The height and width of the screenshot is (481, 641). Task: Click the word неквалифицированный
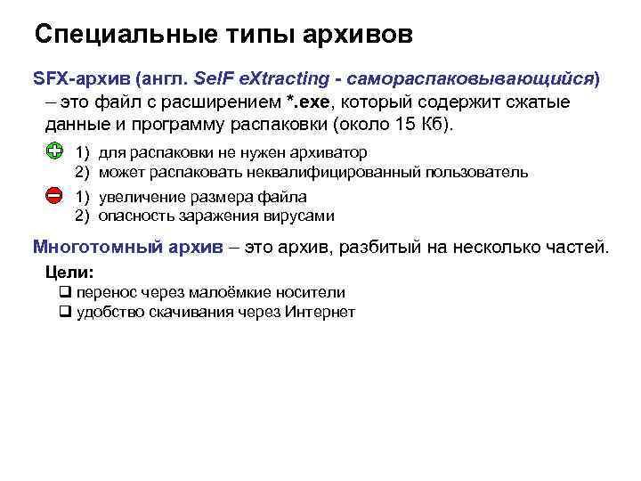coord(346,172)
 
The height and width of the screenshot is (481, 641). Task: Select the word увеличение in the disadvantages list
coord(139,197)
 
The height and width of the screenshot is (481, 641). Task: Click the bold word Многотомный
coord(97,247)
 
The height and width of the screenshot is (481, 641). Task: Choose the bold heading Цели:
coord(69,272)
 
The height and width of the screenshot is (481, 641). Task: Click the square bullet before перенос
coord(64,292)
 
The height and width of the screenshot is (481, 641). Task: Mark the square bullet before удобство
coord(64,312)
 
